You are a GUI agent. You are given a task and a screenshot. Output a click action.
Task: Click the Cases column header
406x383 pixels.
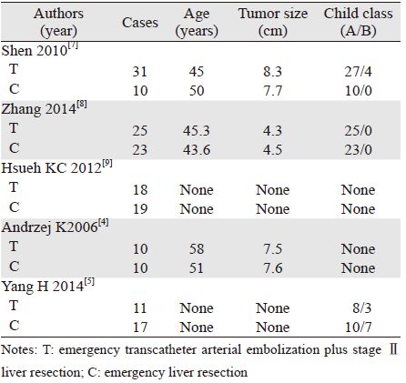coord(140,23)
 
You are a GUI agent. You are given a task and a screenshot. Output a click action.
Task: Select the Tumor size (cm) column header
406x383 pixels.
coord(273,22)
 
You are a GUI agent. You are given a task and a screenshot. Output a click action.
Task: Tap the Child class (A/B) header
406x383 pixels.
coord(358,22)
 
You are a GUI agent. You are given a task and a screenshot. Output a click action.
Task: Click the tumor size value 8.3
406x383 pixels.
coord(273,72)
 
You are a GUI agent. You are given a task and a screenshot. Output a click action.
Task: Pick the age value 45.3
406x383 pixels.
coord(197,131)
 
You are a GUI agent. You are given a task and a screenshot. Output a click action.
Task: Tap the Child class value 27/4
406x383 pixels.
coord(358,72)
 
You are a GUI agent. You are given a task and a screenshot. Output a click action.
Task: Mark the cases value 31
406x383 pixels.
coord(140,72)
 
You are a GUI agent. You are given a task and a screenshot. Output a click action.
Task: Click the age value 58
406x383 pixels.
coord(197,249)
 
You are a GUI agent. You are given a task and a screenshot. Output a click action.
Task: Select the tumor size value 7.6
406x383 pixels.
coord(273,268)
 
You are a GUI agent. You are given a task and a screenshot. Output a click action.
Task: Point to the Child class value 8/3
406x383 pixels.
coord(362,308)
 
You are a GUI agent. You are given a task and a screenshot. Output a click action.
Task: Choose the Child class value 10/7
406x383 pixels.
coord(358,328)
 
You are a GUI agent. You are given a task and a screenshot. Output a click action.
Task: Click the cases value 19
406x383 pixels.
coord(140,209)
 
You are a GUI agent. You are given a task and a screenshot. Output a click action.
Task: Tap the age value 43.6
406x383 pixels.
coord(197,150)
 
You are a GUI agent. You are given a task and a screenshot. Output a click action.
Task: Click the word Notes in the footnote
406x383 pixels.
coord(17,350)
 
